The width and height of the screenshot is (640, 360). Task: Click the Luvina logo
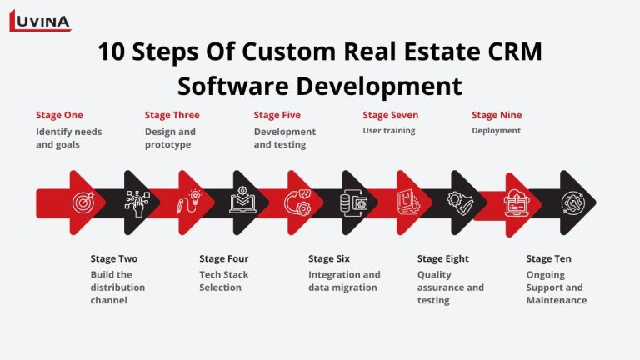point(39,20)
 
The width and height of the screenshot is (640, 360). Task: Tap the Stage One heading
point(59,115)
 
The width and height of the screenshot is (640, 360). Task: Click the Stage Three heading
point(172,115)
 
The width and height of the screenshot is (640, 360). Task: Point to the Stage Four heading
point(224,258)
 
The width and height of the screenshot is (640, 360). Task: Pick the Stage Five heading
point(277,115)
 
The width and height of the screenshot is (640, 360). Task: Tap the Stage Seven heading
point(390,115)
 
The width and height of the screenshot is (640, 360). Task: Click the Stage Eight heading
point(442,258)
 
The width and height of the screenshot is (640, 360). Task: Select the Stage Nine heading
point(497,115)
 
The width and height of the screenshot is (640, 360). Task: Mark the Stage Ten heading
point(548,258)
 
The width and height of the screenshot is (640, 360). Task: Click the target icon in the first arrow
point(82,202)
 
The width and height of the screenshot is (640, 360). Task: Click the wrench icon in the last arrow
point(572,202)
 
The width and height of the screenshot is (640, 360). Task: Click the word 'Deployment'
point(496,131)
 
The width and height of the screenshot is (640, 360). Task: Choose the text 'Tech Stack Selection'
point(223,281)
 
